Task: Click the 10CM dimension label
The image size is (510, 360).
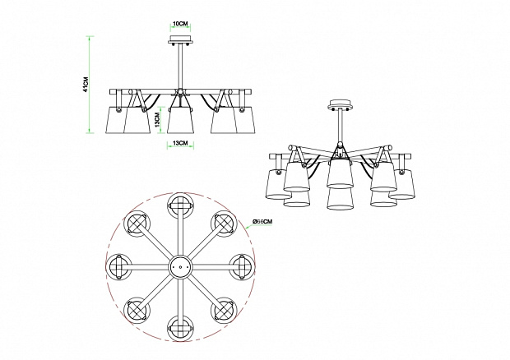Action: (180, 24)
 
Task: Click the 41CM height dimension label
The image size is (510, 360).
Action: (86, 85)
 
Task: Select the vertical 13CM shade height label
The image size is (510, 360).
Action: (157, 120)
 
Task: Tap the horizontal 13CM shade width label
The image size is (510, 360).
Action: (180, 143)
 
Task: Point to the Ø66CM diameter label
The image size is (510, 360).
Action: (262, 221)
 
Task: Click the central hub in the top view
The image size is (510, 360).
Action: (180, 267)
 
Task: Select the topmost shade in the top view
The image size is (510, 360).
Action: (180, 205)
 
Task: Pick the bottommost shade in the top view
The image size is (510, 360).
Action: (180, 329)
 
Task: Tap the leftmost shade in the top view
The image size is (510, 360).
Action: (118, 267)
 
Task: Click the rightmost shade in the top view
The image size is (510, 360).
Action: (243, 267)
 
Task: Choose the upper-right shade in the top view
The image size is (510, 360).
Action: (224, 224)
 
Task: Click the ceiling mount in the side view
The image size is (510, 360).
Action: (180, 40)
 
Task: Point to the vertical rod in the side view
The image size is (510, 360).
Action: (180, 67)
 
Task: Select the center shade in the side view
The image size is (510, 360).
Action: (180, 120)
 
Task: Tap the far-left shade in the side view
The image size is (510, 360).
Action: (115, 119)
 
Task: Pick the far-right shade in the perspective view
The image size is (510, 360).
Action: (401, 183)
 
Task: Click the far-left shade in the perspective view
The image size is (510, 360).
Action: (278, 184)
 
